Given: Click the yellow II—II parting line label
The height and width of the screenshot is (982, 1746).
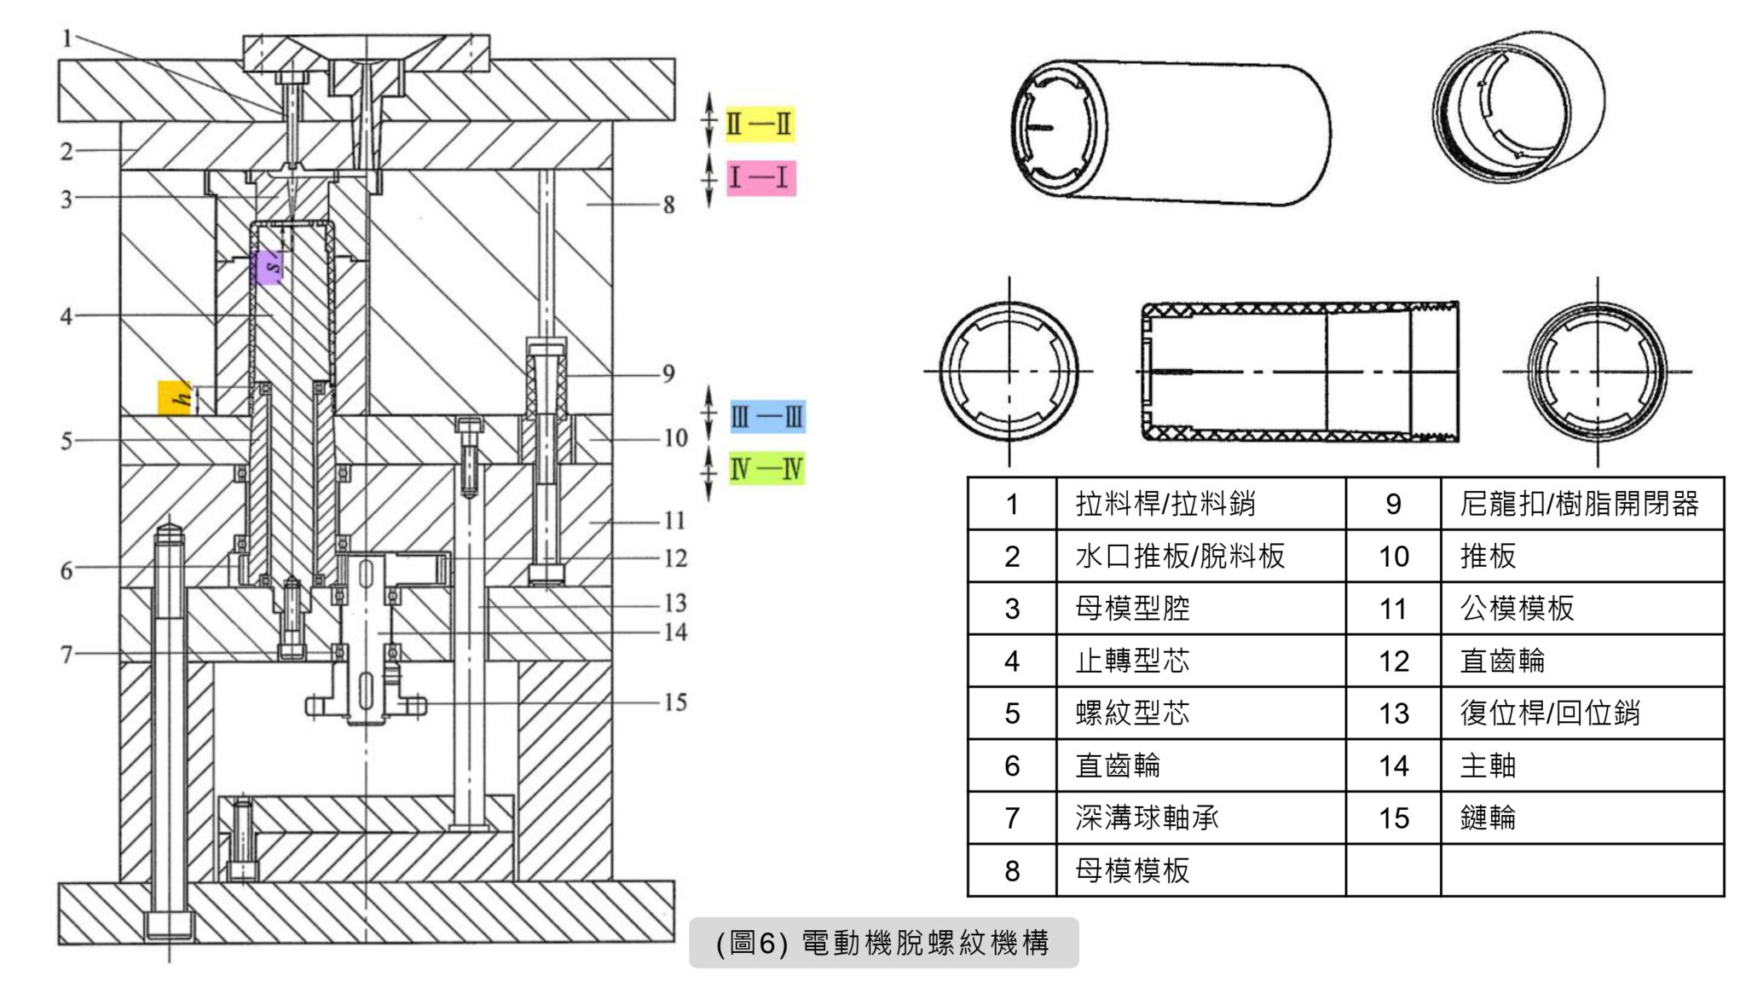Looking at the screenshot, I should point(759,124).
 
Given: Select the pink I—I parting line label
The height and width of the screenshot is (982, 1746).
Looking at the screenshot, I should point(760,178).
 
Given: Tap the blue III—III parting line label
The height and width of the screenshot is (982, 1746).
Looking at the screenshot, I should point(767,417).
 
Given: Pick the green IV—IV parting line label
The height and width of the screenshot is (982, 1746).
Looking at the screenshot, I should point(766,469).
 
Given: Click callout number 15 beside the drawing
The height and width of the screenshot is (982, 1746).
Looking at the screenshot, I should point(675,702).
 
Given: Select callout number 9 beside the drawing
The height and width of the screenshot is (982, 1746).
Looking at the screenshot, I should point(669,373).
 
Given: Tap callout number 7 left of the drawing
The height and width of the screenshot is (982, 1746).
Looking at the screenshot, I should point(66,654).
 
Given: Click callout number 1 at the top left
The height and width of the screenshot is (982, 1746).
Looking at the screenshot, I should point(66,38).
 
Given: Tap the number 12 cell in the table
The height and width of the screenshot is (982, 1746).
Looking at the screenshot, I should point(1393,661).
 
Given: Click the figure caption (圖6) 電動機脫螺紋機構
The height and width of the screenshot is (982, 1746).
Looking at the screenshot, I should point(883,943).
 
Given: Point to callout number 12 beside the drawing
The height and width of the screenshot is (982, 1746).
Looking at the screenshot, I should point(675,558).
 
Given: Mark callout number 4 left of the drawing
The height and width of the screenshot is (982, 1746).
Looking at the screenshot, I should point(66,316).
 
